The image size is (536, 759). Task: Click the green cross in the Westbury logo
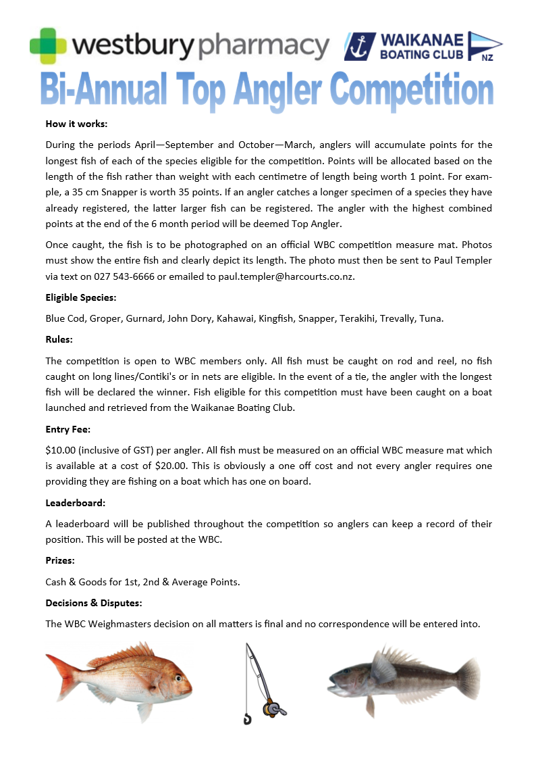coord(49,45)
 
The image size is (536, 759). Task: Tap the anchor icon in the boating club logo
coord(359,46)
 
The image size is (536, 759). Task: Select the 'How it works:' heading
coord(76,124)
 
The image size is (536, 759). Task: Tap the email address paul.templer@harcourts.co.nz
coord(287,276)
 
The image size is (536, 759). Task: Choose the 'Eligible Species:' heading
coord(80,297)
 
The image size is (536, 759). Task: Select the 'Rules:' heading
coord(59,339)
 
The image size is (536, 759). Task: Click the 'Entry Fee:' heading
coord(68,429)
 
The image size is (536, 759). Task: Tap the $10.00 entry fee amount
coord(61,450)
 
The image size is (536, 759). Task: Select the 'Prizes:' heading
coord(60,561)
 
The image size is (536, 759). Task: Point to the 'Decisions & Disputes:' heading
coord(94,603)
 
